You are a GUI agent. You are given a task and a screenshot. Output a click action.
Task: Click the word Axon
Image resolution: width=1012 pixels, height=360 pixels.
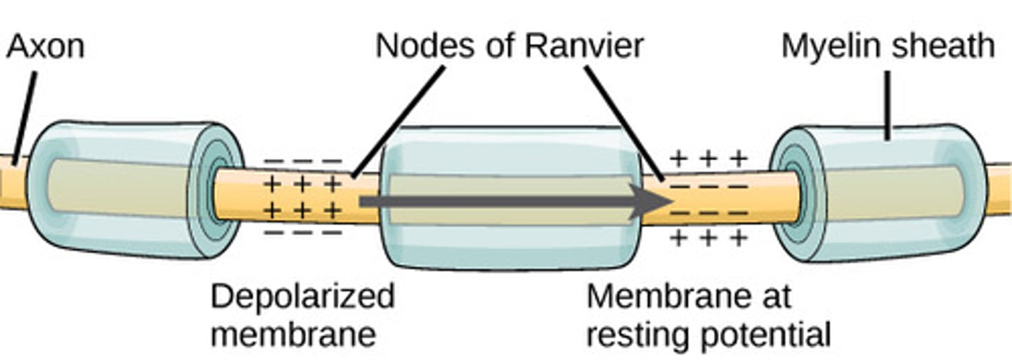coord(46,47)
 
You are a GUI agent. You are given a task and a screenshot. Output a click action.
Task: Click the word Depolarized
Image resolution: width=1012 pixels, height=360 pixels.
coord(302,297)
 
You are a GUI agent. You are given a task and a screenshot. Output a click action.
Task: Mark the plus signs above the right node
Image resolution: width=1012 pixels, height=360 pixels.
coord(708,159)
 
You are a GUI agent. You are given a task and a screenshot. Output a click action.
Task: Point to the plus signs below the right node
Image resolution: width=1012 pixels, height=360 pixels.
coord(708,239)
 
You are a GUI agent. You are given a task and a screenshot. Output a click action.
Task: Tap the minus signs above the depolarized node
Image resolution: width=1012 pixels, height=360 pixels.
coord(302,161)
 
